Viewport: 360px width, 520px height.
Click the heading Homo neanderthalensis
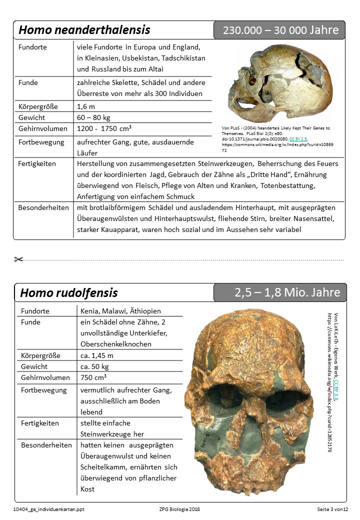(x=84, y=30)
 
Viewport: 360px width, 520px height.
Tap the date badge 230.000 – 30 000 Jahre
(x=280, y=30)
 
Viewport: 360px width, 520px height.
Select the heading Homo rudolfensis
(x=69, y=292)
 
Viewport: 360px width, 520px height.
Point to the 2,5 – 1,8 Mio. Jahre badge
(x=287, y=292)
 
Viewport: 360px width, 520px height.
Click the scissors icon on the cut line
(x=19, y=259)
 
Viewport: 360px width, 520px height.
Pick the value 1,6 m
(x=86, y=106)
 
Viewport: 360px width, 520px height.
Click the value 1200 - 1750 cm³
(x=104, y=128)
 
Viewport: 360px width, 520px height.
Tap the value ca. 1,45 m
(x=97, y=355)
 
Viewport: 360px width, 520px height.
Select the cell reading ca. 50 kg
(x=94, y=366)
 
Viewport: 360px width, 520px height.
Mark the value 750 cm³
(x=93, y=377)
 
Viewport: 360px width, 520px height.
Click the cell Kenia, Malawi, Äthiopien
(x=120, y=311)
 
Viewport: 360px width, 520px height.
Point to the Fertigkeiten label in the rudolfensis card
(x=40, y=423)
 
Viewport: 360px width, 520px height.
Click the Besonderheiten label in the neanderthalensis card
(x=43, y=207)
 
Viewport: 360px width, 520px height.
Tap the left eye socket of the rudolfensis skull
(x=225, y=395)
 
